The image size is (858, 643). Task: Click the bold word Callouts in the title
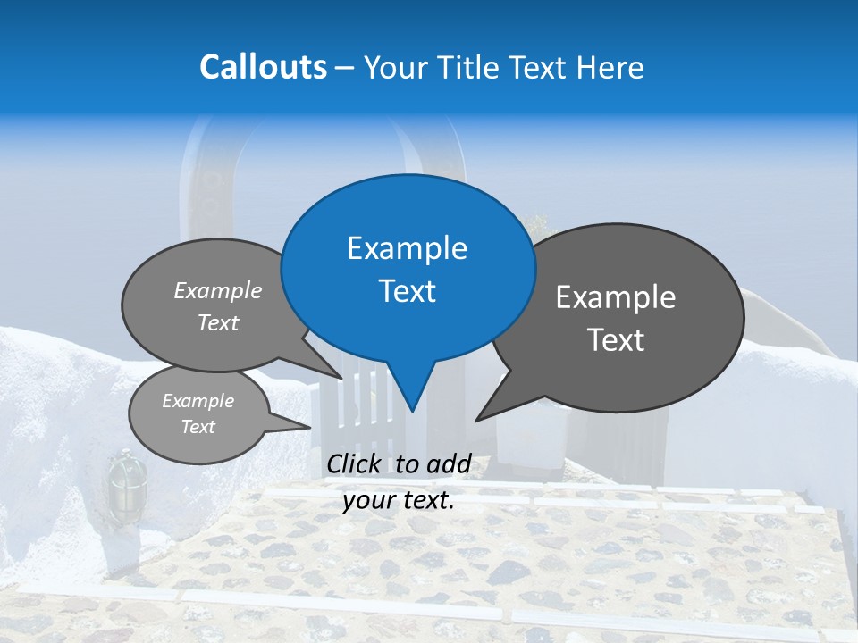point(263,67)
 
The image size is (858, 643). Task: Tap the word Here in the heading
point(610,67)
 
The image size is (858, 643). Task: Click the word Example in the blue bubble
point(407,248)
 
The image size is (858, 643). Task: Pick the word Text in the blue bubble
point(407,291)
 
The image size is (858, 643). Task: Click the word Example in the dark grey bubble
point(616,297)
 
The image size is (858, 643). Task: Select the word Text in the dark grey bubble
point(616,340)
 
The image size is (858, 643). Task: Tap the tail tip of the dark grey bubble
point(476,419)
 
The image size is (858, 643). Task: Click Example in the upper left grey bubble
point(218,290)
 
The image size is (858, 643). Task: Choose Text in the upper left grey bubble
point(218,322)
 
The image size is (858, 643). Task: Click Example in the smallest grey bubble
point(198,401)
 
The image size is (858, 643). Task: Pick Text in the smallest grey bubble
point(198,427)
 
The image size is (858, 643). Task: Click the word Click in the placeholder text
point(356,463)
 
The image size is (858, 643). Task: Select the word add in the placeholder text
point(448,463)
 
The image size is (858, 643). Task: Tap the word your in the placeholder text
point(366,500)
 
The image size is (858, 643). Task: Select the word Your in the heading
point(396,67)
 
